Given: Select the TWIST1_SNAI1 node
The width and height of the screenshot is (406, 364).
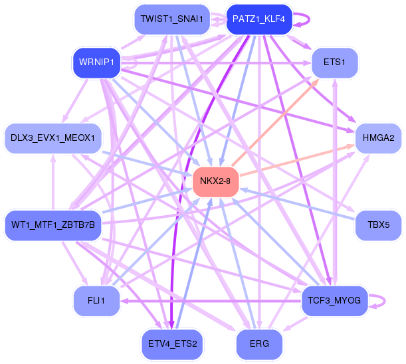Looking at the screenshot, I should coord(171,19).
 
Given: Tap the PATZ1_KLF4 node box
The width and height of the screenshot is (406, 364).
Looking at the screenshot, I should coord(258,19).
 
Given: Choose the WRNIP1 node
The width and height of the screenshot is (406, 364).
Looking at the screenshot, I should coord(96,62).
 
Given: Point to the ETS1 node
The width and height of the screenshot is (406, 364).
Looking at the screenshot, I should coord(334,62).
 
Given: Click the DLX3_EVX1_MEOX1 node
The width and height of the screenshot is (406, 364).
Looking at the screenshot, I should coord(53,137).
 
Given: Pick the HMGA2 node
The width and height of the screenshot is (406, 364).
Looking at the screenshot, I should coord(378,137).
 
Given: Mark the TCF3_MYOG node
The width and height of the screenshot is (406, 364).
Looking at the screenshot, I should coord(334,300).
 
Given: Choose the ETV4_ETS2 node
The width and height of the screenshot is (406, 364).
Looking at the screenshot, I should coord(173,343).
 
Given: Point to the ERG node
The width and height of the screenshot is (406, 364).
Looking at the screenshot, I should coord(259,343).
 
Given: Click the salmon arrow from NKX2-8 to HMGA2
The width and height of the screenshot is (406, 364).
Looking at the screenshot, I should coord(299,159).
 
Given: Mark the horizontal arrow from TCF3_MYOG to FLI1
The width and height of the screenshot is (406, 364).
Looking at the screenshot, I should coord(213,300).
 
